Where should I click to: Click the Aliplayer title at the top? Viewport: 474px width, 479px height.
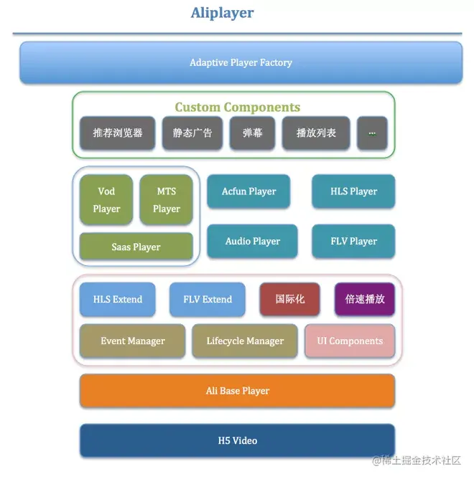click(x=222, y=13)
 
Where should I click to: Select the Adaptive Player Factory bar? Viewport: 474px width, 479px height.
click(x=241, y=62)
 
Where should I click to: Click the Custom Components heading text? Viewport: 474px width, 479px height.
click(x=237, y=108)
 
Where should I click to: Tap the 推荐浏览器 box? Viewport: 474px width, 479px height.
click(x=117, y=133)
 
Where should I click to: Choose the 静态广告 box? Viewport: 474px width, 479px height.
click(x=192, y=133)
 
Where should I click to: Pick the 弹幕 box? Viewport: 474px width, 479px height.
click(x=252, y=133)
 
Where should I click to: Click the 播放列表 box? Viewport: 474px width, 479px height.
click(x=316, y=133)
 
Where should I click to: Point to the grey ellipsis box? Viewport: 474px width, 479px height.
click(x=372, y=133)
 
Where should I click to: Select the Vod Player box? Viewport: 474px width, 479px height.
click(x=106, y=200)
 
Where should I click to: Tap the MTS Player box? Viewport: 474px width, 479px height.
click(x=166, y=200)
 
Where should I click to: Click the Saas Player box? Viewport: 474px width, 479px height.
click(x=136, y=247)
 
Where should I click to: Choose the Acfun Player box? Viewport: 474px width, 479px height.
click(x=248, y=191)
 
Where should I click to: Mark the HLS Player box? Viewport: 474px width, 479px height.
click(x=353, y=191)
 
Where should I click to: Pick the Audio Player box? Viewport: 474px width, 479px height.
click(x=252, y=241)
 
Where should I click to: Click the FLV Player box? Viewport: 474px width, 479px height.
click(x=353, y=241)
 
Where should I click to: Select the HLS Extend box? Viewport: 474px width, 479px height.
click(x=118, y=299)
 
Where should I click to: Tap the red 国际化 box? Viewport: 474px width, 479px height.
click(x=289, y=299)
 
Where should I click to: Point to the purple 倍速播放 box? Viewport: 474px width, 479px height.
click(x=365, y=299)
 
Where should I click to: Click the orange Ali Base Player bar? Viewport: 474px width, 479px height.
click(x=237, y=391)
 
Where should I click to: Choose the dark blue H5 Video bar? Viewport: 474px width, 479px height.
click(x=237, y=440)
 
